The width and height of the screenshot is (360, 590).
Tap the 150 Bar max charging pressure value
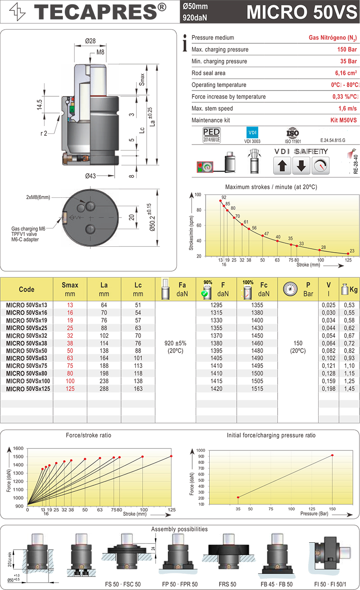347,50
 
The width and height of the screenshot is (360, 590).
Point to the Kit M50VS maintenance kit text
341,121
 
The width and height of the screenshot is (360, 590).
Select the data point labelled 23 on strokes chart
348,254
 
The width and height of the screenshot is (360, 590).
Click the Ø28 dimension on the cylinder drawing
91,41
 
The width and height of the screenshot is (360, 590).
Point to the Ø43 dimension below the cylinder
90,176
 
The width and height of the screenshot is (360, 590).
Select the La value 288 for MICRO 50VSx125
104,389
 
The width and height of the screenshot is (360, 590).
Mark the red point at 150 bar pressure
332,455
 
